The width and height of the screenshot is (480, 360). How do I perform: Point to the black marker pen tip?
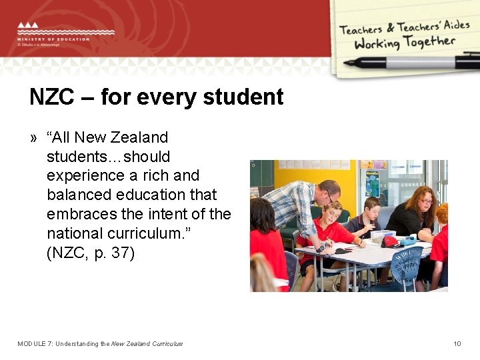pos(347,63)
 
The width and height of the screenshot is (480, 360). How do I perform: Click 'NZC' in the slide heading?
pos(51,97)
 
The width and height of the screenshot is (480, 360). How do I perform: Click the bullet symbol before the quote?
pos(33,138)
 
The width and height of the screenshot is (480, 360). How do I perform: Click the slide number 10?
pos(457,344)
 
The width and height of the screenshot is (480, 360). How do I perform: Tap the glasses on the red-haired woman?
pos(426,201)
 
